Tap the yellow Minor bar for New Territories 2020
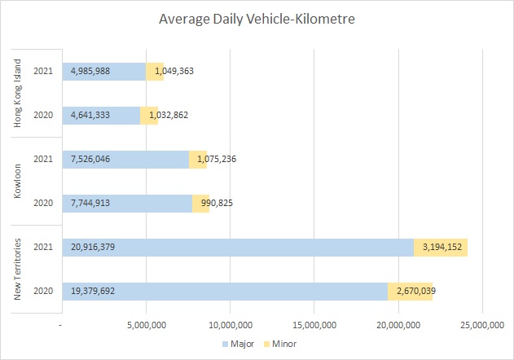pos(411,292)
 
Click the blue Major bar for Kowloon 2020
pos(127,203)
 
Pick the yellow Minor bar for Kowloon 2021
pos(198,159)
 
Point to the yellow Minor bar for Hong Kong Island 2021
pos(155,71)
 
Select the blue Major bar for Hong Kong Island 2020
pos(101,115)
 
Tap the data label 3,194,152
pos(441,247)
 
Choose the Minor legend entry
pos(279,345)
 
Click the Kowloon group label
pos(17,181)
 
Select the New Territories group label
pos(17,269)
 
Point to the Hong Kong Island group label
pos(17,92)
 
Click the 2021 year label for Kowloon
pos(44,159)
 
